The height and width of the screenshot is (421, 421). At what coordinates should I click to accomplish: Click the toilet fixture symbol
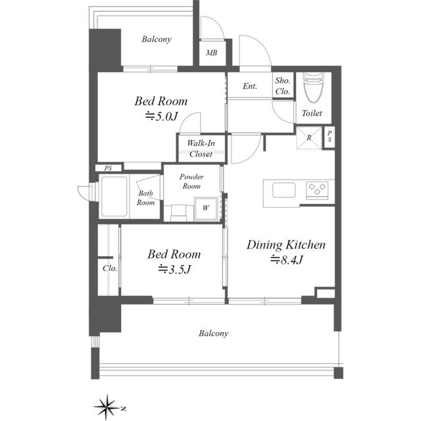[x=313, y=87]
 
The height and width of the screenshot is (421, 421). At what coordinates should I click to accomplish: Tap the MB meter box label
[x=212, y=53]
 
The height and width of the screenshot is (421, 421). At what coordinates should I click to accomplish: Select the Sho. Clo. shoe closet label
[x=282, y=86]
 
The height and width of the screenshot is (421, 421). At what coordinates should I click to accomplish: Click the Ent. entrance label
[x=250, y=86]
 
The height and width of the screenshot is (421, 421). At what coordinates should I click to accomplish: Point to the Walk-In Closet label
[x=201, y=149]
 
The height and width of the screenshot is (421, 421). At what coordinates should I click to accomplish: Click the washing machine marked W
[x=206, y=209]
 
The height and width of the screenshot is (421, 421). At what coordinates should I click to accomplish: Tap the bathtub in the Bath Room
[x=114, y=196]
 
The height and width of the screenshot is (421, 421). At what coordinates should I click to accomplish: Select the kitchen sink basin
[x=284, y=190]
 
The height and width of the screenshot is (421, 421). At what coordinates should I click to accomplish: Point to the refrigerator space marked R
[x=309, y=137]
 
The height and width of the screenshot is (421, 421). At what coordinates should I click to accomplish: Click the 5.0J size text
[x=162, y=117]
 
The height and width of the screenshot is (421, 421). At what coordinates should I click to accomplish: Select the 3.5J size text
[x=174, y=269]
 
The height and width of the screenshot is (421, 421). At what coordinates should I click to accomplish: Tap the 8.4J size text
[x=287, y=260]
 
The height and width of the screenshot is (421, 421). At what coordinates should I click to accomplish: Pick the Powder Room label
[x=191, y=182]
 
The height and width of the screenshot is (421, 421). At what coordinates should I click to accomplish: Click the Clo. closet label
[x=110, y=268]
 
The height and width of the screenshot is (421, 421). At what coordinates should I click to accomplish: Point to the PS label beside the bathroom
[x=108, y=168]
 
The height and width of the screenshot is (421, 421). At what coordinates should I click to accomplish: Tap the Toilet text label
[x=312, y=113]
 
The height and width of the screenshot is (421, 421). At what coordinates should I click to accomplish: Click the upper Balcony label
[x=157, y=39]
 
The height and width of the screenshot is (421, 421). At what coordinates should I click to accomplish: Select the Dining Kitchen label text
[x=286, y=245]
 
